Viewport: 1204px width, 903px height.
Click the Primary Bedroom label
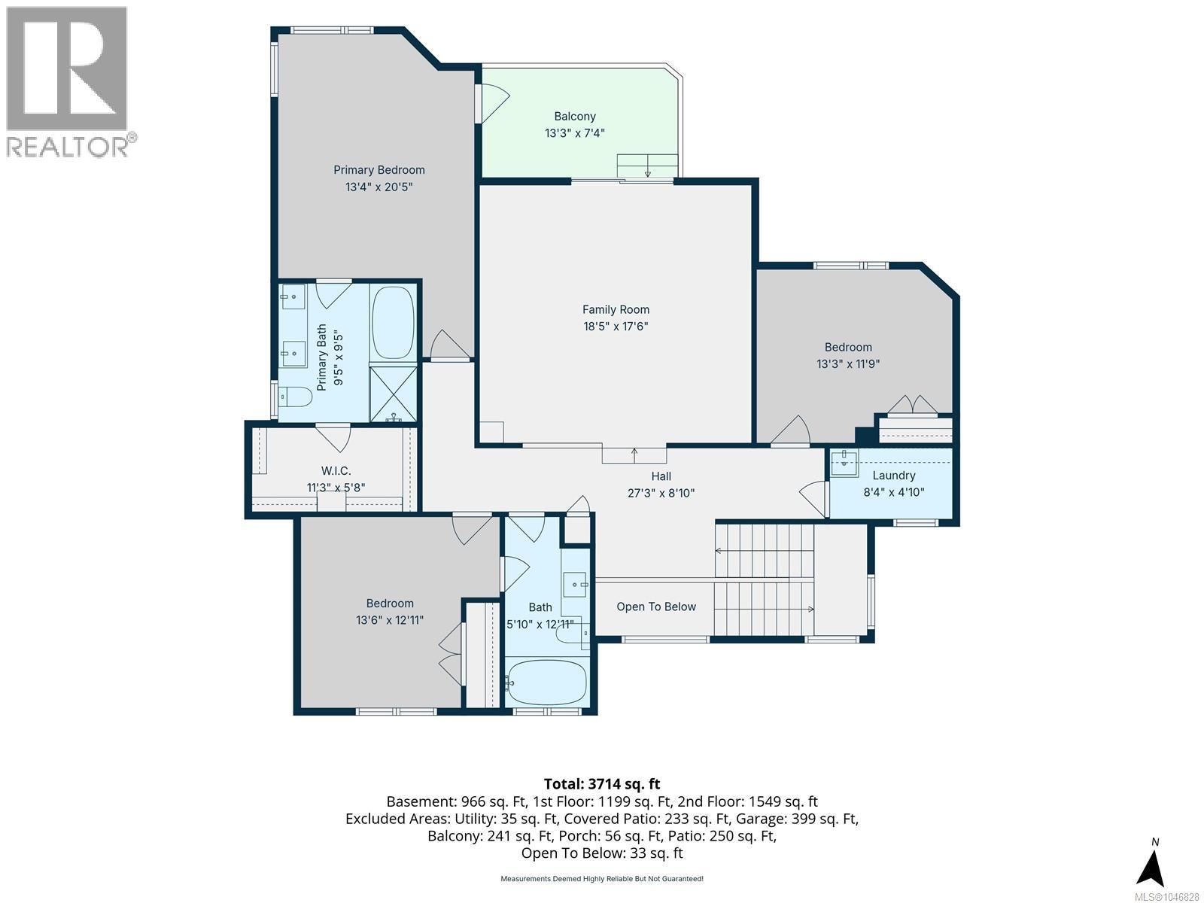tap(379, 170)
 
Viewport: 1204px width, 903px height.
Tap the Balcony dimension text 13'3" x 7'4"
tap(574, 133)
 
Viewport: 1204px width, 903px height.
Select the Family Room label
tap(616, 310)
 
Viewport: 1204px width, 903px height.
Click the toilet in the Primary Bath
tap(294, 397)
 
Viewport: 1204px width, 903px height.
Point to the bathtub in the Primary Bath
tap(394, 323)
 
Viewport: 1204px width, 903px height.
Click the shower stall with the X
tap(394, 394)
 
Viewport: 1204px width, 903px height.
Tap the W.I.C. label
tap(336, 471)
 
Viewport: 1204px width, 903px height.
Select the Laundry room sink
tap(844, 463)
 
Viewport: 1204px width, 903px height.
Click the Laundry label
tap(893, 476)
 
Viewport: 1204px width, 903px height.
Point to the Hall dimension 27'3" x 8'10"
tap(661, 493)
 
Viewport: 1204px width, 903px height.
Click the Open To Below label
tap(656, 607)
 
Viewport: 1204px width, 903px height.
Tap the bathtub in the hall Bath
tap(546, 683)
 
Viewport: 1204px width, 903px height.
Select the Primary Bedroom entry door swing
tap(450, 345)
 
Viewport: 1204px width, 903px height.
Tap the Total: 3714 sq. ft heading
tap(602, 784)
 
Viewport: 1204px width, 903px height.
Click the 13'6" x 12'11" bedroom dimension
tap(390, 620)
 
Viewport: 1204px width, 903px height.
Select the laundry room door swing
tap(813, 498)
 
